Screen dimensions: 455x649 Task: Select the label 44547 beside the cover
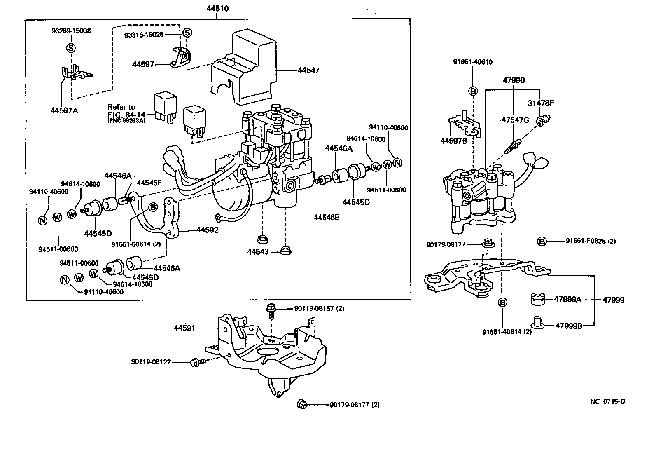pos(308,70)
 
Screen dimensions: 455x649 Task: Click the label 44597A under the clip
pos(64,110)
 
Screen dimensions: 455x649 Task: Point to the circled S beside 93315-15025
pos(187,33)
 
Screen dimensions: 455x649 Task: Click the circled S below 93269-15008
pos(71,48)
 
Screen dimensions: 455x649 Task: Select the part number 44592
pos(207,230)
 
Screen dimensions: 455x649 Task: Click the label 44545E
pos(326,217)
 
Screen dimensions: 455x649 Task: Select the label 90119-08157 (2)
pos(319,308)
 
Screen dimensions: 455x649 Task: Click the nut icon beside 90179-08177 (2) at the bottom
pos(301,404)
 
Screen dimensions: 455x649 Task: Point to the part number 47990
pos(513,80)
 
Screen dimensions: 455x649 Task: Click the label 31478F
pos(541,103)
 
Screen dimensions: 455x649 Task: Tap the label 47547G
pos(515,120)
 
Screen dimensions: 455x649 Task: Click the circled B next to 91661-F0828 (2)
pos(542,242)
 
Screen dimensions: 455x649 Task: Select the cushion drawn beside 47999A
pos(537,299)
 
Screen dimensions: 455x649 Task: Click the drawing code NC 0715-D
pos(607,401)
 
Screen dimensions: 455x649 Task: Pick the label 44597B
pos(454,141)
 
